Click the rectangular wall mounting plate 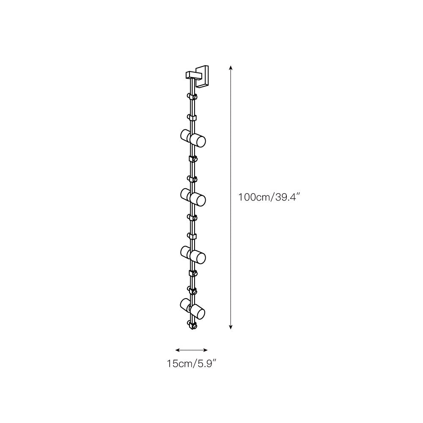[x=204, y=76]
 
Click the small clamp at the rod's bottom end [x=192, y=325]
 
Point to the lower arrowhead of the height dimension [x=231, y=327]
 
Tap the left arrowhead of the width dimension [x=177, y=350]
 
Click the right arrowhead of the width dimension [x=206, y=350]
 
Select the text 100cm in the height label [x=252, y=197]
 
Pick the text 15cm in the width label [x=179, y=363]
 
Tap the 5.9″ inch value [x=207, y=363]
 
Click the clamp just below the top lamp [x=192, y=159]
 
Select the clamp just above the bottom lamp [x=192, y=291]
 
